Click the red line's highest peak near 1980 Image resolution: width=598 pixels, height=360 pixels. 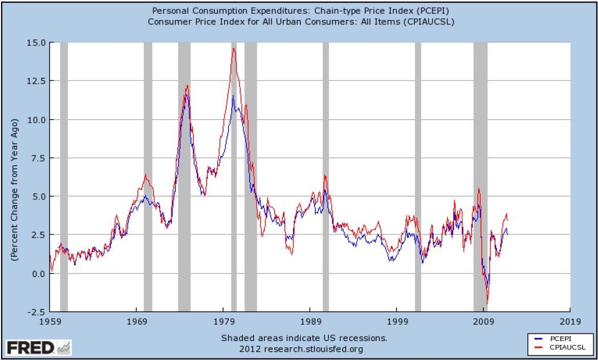coord(233,49)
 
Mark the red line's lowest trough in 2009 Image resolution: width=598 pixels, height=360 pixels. coord(488,304)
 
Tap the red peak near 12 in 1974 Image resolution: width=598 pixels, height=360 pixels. coord(187,85)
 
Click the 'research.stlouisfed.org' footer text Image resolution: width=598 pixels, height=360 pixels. coord(305,349)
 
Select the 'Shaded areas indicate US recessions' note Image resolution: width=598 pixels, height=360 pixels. coord(304,338)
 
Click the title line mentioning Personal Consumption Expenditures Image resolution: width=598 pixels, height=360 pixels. coord(299,11)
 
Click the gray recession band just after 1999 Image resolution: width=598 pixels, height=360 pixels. coord(417,176)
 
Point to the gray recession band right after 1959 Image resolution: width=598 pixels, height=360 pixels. coord(63,176)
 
